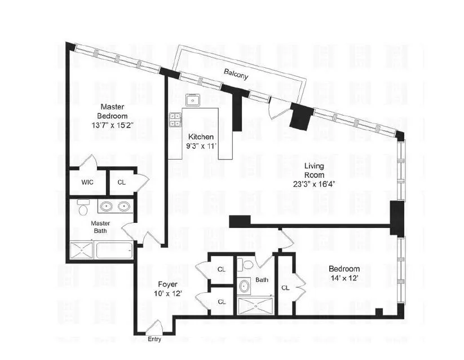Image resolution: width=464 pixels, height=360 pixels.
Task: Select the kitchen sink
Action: coord(193,100)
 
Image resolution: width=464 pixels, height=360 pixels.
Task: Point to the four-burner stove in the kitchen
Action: coord(175,119)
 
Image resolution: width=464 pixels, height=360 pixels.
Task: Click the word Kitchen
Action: coord(201,137)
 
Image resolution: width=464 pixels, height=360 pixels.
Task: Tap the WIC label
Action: coord(87,183)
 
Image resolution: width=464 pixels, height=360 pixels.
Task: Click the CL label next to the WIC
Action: coord(122,183)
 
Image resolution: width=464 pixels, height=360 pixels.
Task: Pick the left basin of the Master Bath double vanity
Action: coord(105,207)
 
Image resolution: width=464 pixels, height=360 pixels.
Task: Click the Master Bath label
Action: coord(100,226)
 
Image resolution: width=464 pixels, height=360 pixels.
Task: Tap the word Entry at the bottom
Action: coord(154,339)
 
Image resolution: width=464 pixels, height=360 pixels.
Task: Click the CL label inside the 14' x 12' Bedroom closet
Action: coord(286,288)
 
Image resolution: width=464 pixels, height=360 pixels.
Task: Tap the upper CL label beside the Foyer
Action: coord(222,270)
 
